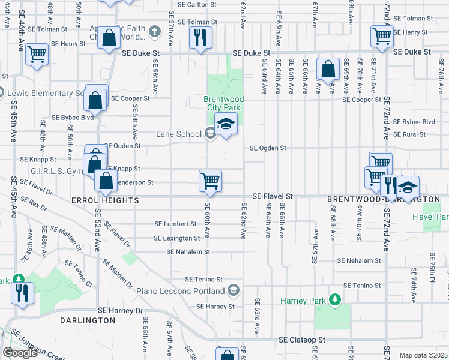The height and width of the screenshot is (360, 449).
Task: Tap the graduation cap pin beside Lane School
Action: (226, 125)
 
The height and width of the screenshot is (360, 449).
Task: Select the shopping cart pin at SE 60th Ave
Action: (210, 180)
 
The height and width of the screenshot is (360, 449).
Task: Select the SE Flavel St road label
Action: (272, 196)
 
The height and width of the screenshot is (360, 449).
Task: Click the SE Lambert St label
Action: (175, 224)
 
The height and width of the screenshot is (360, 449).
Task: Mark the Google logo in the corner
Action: (20, 352)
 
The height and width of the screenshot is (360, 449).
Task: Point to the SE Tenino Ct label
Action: (79, 273)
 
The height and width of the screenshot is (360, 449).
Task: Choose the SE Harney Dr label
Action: (120, 311)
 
